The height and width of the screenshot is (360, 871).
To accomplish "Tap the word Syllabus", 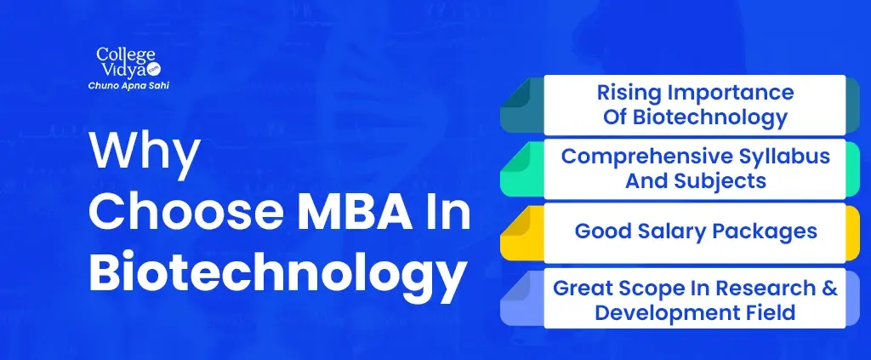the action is click(x=783, y=157).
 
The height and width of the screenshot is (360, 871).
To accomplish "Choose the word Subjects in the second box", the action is click(x=721, y=181).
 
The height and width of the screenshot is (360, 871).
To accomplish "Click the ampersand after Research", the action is click(x=830, y=289).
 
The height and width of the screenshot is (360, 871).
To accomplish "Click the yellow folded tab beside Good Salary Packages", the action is click(x=521, y=233).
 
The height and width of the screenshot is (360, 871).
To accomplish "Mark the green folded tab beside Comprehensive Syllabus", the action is click(x=521, y=169).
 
